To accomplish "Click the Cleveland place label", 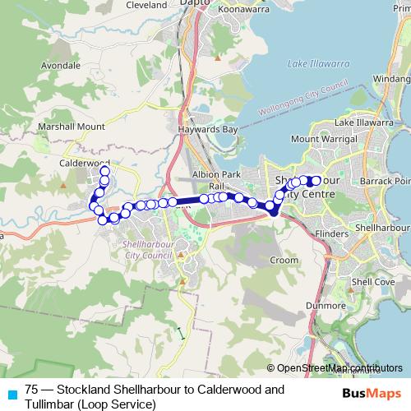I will (x=147, y=5).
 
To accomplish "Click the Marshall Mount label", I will (x=72, y=127).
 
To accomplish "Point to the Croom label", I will (x=284, y=260).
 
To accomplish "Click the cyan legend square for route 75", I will (x=11, y=394).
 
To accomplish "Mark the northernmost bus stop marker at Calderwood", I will (x=105, y=170).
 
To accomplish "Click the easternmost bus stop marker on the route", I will (x=316, y=180).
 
